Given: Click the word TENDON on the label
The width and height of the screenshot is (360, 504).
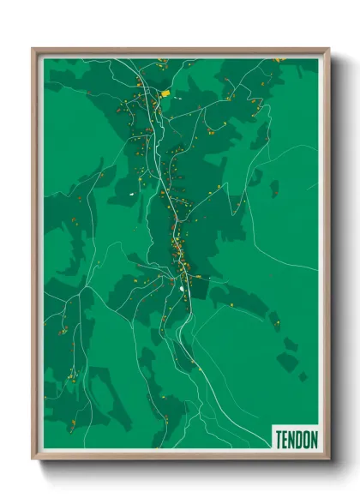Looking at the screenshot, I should point(297,440).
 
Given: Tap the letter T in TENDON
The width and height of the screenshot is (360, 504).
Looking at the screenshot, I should point(279,440).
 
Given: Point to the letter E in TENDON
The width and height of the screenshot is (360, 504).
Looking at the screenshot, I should point(286,440).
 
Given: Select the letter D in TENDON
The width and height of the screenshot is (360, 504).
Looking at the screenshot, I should point(300,440).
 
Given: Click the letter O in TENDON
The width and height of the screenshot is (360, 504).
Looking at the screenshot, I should point(308,440).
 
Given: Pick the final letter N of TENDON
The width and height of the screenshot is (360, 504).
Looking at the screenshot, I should point(315,440).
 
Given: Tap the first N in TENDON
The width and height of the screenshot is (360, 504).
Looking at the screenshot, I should point(293,440).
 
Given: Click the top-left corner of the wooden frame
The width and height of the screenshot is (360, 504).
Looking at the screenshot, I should point(33,49).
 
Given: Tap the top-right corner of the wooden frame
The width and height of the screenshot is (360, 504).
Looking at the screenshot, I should point(329,49).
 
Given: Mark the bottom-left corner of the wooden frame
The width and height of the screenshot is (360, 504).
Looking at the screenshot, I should point(33,459).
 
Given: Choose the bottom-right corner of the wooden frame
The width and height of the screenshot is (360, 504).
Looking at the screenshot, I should point(329,459).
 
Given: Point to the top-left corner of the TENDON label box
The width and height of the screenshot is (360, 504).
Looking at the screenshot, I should point(272,426).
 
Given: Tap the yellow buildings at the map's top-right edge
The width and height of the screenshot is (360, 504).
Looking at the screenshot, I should point(279,60).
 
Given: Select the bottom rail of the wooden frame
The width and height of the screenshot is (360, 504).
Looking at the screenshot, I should point(180,456).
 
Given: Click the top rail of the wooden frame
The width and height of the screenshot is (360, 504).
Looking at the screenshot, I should point(180,51).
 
